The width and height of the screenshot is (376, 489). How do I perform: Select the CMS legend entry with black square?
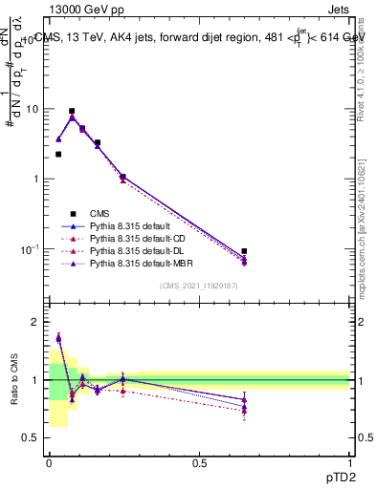point(100,212)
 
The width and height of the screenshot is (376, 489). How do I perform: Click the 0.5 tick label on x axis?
point(199,461)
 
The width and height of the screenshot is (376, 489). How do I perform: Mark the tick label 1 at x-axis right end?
point(349,461)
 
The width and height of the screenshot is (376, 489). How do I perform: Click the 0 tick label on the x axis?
point(49,461)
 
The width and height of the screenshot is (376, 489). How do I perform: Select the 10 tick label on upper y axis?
point(31,109)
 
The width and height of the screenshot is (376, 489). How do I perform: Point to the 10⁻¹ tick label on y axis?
point(29,249)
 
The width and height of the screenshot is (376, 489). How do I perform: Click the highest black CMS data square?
point(72,111)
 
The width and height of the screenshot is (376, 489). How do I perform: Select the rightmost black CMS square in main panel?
point(244,251)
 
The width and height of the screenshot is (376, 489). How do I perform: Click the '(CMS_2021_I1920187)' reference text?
point(199,287)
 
